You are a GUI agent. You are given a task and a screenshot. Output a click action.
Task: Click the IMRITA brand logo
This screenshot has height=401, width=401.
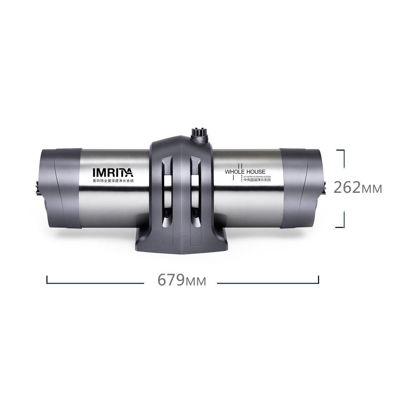(112, 172)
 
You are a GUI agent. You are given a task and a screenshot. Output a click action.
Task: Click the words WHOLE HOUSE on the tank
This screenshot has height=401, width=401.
(245, 172)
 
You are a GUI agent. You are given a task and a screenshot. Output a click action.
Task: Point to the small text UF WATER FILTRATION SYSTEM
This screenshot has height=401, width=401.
(257, 177)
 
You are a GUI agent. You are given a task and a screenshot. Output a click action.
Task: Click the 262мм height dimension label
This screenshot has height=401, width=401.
(358, 188)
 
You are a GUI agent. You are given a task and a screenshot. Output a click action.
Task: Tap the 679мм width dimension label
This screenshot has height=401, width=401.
(182, 280)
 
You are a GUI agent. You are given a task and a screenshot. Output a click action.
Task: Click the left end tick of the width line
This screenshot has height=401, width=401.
(47, 279)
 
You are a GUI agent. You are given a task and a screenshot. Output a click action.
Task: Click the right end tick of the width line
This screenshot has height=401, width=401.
(318, 279)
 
